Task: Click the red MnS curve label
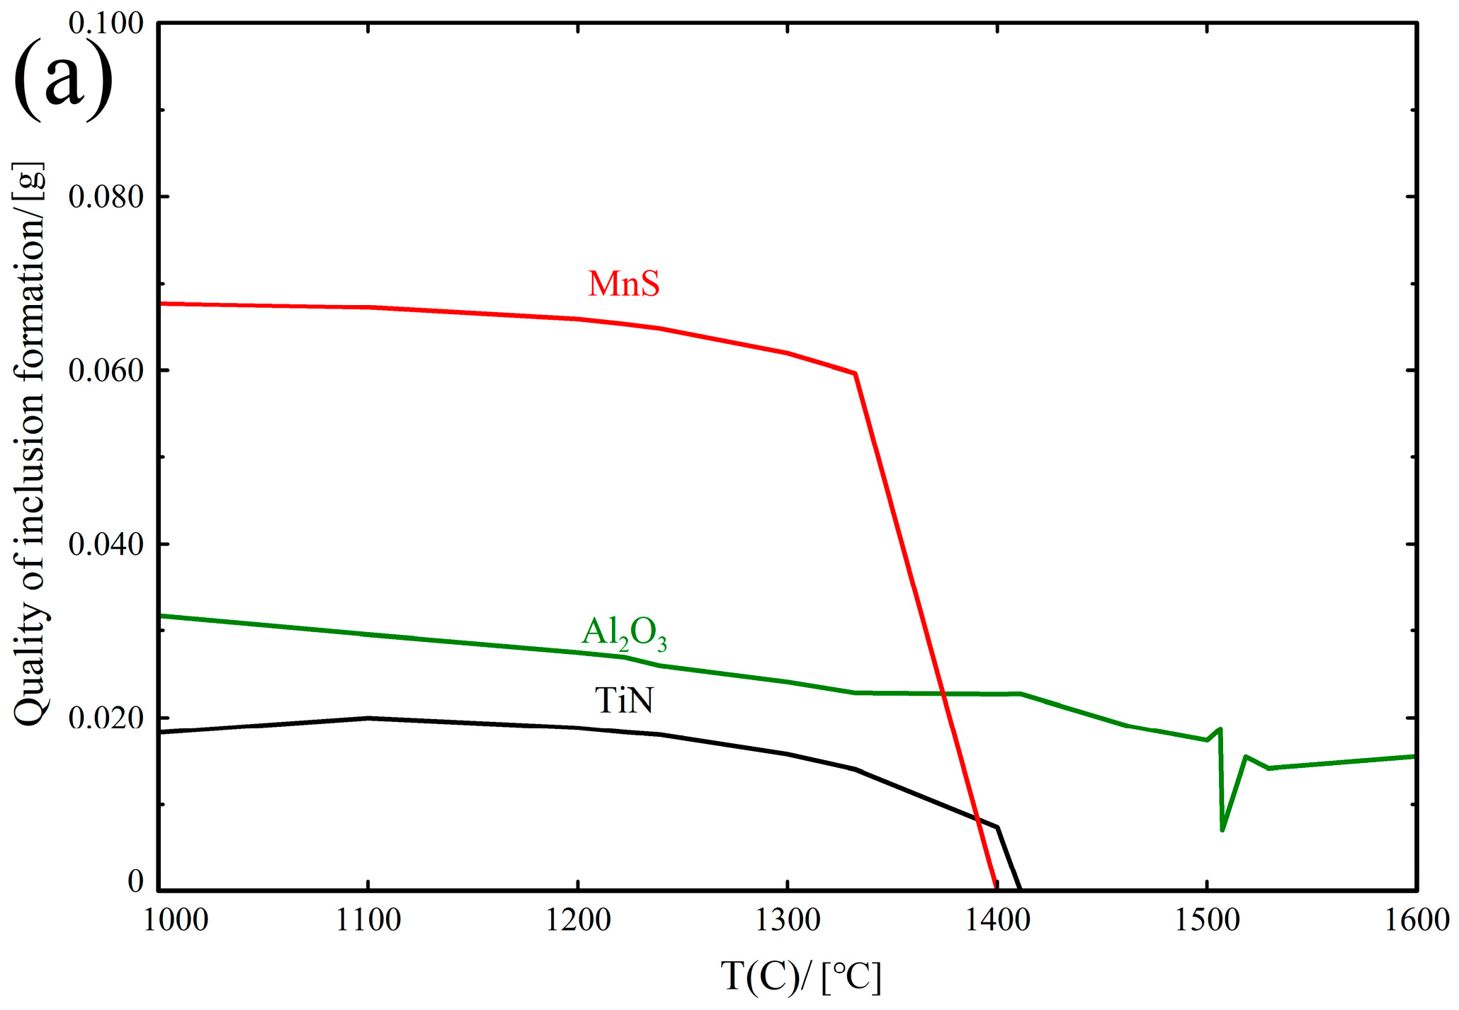(x=623, y=283)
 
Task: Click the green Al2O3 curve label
(x=624, y=632)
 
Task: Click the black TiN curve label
(x=624, y=700)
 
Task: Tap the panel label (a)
(x=63, y=79)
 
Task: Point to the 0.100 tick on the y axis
(x=106, y=23)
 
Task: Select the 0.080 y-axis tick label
(x=106, y=197)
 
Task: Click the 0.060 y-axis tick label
(x=106, y=370)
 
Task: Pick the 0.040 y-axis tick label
(x=106, y=544)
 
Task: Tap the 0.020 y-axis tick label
(x=106, y=718)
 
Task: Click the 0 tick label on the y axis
(x=135, y=882)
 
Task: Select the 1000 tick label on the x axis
(x=176, y=921)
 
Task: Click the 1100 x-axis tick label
(x=368, y=921)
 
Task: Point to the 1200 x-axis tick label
(x=578, y=921)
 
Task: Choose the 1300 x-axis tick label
(x=788, y=921)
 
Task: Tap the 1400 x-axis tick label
(x=997, y=921)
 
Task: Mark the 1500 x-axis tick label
(x=1207, y=921)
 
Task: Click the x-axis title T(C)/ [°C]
(x=801, y=977)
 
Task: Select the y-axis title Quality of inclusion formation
(x=30, y=444)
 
